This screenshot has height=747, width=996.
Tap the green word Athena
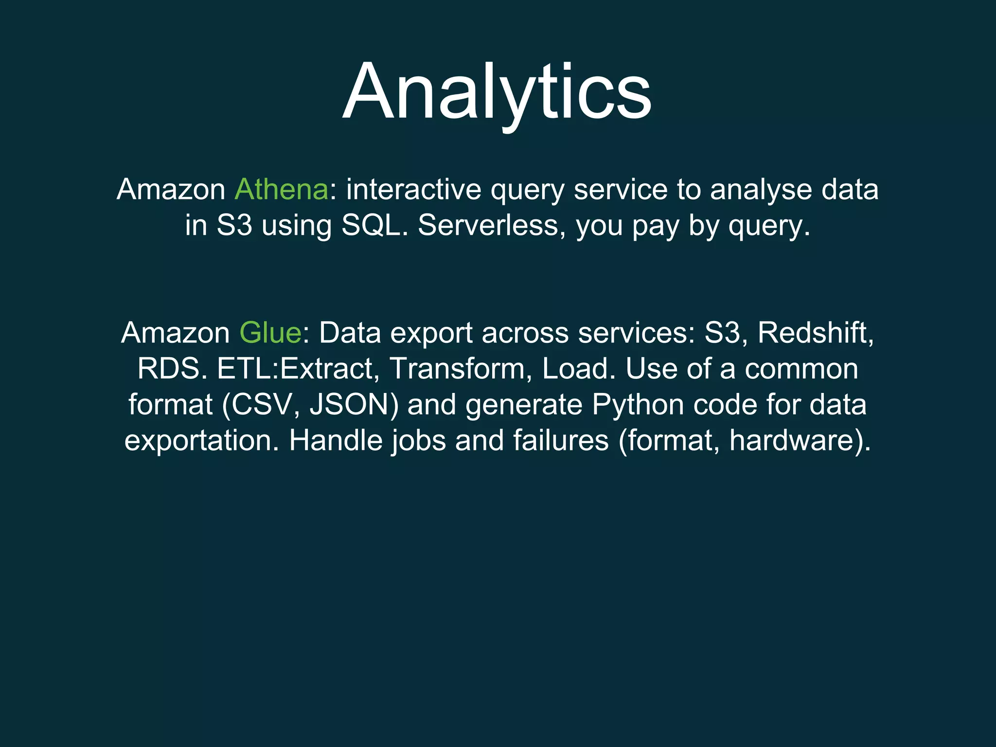(282, 190)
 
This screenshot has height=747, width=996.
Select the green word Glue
(270, 333)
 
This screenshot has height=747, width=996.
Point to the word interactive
(413, 190)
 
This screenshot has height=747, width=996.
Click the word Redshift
(815, 333)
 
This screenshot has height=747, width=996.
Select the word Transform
(457, 369)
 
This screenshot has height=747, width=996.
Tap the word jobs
(419, 441)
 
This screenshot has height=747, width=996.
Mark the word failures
(561, 441)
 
